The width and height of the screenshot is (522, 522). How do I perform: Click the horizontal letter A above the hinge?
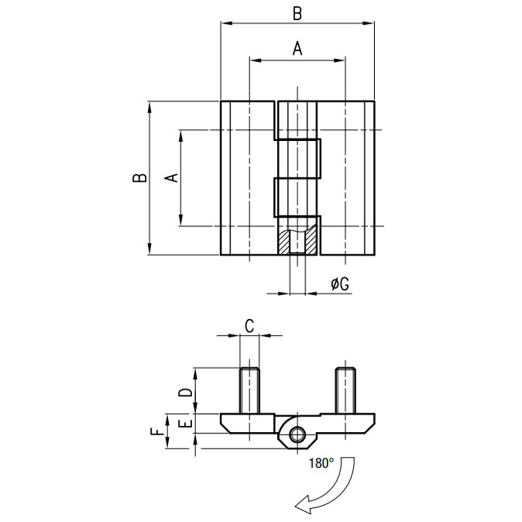tap(297, 48)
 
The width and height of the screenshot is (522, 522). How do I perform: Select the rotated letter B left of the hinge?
tap(140, 178)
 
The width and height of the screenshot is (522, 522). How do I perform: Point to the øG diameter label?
tap(340, 284)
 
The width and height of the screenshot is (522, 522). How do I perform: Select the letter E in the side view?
tap(186, 423)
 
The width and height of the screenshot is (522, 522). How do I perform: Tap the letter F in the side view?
tap(158, 432)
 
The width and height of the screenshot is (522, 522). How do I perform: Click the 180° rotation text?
tap(321, 463)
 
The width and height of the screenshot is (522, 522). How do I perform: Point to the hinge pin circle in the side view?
tap(297, 434)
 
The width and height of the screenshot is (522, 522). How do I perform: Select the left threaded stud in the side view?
tap(249, 390)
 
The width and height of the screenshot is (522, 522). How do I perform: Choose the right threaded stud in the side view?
tap(346, 390)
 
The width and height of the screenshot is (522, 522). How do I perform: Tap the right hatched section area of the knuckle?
tap(311, 241)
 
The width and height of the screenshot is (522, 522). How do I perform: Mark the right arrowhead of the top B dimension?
tap(369, 23)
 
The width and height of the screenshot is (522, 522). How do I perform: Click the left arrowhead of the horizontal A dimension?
tap(255, 61)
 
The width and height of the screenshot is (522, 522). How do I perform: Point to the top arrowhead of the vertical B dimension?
tap(149, 107)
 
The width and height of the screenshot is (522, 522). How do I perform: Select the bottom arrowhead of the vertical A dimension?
tap(181, 220)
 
